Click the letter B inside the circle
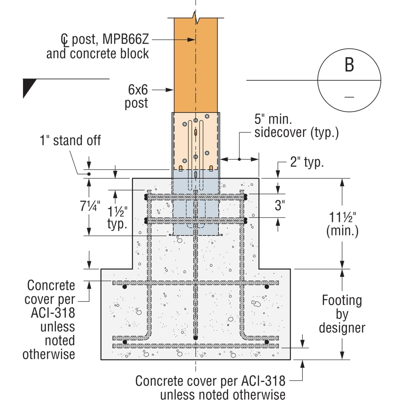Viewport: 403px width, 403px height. pos(349,64)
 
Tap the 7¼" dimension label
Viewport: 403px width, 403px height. pos(90,206)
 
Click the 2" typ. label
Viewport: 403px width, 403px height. pos(307,162)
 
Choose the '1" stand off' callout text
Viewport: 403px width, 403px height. pos(71,140)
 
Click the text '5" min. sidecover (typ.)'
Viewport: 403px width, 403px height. pos(296,126)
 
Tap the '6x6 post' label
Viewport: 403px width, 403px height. pos(137,96)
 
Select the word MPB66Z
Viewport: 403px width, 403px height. pos(126,39)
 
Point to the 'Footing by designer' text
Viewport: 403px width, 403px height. pos(342,314)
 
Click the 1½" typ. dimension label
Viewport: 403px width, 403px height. pos(117,218)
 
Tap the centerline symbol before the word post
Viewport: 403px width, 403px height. pos(64,39)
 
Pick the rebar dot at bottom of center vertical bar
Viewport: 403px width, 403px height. pos(195,338)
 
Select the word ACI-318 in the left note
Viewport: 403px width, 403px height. pos(53,313)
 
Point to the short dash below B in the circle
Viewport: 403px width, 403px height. pos(349,97)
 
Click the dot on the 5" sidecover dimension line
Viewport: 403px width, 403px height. pos(239,159)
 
